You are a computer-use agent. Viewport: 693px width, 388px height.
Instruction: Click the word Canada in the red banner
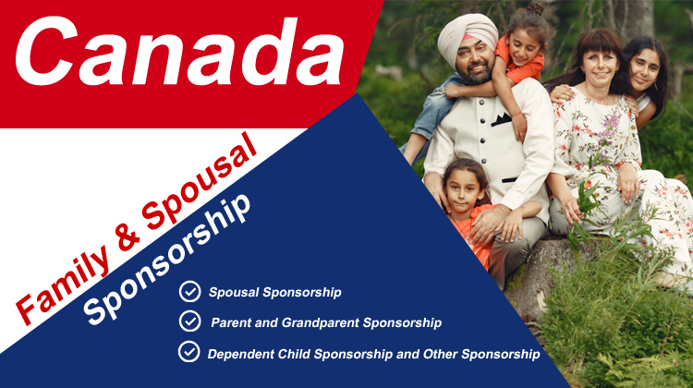[x=179, y=52]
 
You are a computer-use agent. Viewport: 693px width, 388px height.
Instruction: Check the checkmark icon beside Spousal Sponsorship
[x=190, y=292]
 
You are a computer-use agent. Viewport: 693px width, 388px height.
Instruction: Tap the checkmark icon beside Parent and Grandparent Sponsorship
[x=190, y=321]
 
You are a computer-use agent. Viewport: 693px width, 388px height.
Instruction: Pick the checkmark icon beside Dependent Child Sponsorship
[x=189, y=352]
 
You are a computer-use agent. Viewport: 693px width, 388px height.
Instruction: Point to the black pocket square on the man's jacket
[x=501, y=119]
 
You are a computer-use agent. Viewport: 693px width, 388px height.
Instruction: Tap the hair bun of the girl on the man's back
[x=536, y=8]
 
